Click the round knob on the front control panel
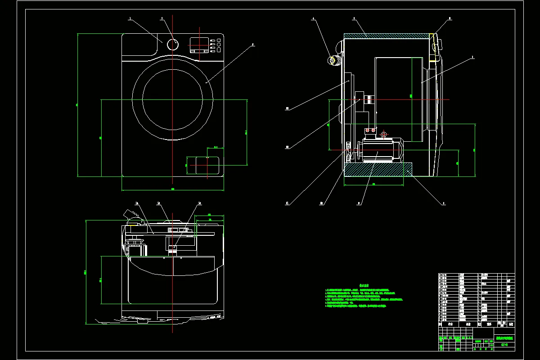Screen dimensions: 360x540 (173, 45)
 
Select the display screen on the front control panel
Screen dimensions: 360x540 (198, 44)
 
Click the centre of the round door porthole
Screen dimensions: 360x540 (172, 99)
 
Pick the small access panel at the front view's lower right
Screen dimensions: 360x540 (203, 165)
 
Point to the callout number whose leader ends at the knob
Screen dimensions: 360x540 (162, 19)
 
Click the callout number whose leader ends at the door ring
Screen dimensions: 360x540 (253, 44)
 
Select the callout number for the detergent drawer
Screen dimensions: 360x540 (130, 19)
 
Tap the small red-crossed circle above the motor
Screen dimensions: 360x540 (383, 134)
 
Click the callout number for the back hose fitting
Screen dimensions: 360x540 (314, 19)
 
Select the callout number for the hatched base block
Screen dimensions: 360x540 (444, 203)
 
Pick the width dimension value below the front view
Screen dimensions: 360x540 (172, 189)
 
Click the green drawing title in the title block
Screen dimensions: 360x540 (504, 338)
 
